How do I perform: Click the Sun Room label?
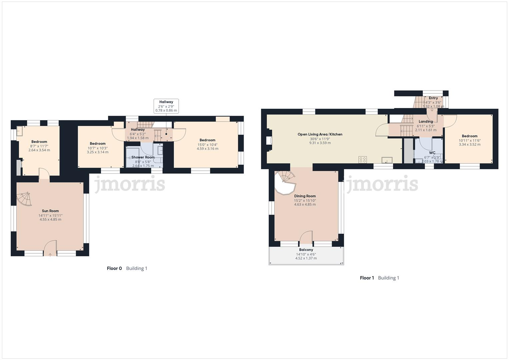coord(50,211)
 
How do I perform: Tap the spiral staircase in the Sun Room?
coord(24,199)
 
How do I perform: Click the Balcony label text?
coord(306,250)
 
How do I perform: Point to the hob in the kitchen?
coord(363,160)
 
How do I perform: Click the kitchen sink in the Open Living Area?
coord(387,160)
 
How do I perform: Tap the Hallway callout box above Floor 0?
coord(166,106)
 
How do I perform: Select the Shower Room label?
coord(143,157)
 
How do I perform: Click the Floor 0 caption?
coord(114,268)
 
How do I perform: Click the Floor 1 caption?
coord(367,278)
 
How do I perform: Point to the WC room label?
coord(432,153)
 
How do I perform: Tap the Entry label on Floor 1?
coord(433,98)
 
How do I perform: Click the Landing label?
coord(426,122)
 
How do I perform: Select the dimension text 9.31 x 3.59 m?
coord(320,143)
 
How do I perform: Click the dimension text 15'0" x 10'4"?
coord(207,145)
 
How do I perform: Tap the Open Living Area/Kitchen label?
coord(320,134)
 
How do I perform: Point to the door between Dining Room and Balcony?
coord(306,237)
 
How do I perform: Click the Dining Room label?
coord(305,196)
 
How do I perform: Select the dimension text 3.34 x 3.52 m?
coord(470,145)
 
